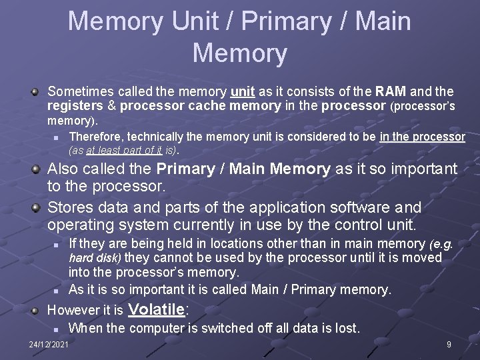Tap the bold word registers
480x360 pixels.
point(73,106)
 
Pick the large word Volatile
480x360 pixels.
point(155,309)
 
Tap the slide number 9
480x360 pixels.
point(449,345)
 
